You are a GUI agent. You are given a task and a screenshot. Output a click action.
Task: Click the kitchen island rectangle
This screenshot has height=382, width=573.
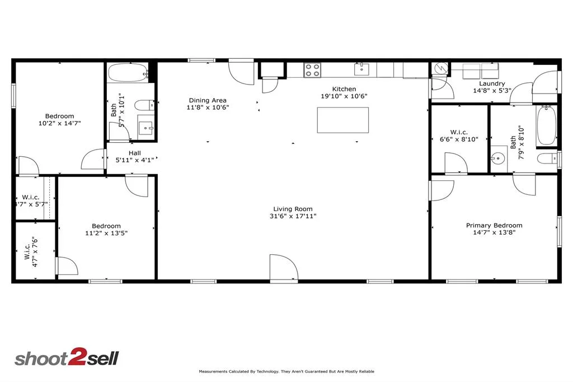[x=343, y=120]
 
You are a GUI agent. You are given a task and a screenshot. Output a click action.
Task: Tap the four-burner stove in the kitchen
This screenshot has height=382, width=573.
[x=313, y=70]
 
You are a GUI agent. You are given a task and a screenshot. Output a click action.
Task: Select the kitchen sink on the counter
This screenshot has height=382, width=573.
[x=361, y=69]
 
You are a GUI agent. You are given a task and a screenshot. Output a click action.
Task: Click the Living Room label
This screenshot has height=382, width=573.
[x=293, y=209]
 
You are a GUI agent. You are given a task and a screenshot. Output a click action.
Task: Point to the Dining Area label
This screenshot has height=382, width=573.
[x=208, y=100]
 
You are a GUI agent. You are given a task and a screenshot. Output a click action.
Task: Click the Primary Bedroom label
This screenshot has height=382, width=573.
[x=494, y=225]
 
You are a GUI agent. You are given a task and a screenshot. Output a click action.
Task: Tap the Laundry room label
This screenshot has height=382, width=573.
[x=492, y=84]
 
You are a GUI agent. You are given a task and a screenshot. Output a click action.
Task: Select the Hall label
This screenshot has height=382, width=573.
[x=134, y=153]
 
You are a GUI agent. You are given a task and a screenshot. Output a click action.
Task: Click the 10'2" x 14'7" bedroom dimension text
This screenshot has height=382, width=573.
[x=59, y=123]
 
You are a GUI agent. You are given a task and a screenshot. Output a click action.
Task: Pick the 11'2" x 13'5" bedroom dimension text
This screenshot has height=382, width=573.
[x=106, y=233]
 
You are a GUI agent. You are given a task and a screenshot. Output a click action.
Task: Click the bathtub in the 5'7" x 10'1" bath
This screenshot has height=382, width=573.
[x=128, y=72]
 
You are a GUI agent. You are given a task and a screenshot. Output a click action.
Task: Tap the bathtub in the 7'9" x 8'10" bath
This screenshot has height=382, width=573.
[x=546, y=125]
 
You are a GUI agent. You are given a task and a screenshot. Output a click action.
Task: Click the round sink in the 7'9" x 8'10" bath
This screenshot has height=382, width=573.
[x=497, y=159]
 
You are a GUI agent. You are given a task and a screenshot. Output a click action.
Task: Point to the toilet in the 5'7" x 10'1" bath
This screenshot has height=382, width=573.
[x=144, y=105]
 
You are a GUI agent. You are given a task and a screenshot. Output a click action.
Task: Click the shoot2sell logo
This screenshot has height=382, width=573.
[x=67, y=357]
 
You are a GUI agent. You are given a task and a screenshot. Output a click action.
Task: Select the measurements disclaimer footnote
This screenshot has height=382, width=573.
[x=286, y=371]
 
